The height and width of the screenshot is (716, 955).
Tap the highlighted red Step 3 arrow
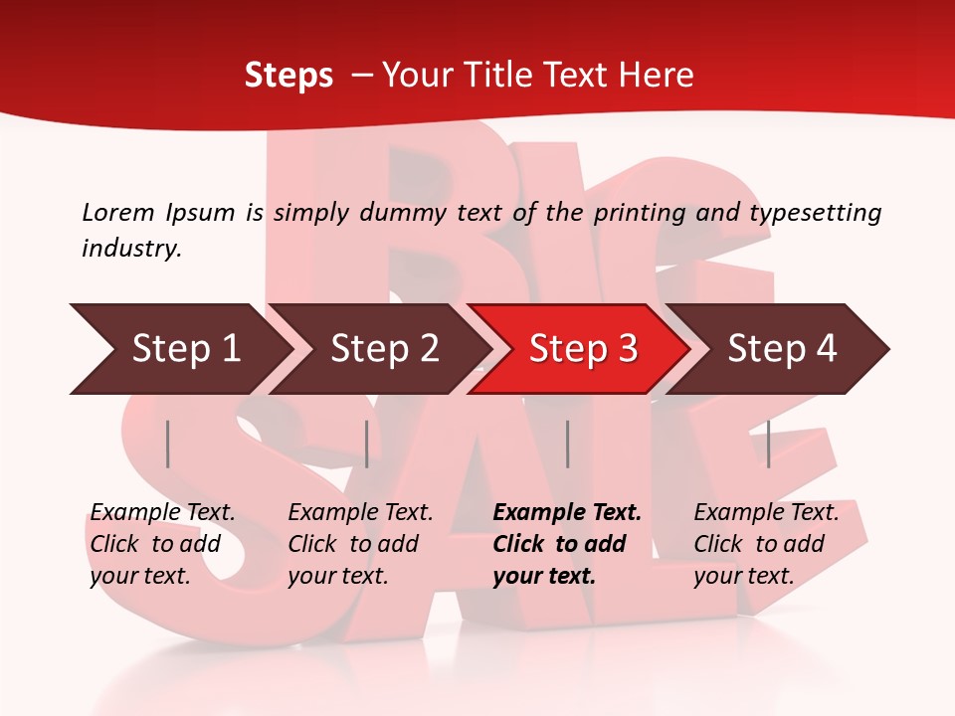coord(583,349)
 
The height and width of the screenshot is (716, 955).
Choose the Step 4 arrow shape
coord(782,349)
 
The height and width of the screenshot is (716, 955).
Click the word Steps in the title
coord(288,76)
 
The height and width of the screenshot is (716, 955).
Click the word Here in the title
coord(655,76)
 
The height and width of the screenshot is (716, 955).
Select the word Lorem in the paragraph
coord(117,212)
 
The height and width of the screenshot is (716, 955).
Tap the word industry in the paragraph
coord(130,249)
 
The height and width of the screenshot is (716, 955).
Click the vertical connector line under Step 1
coord(168,444)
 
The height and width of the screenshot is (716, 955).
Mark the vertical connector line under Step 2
coord(367,444)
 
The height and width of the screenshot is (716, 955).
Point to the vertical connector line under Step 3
coord(567,444)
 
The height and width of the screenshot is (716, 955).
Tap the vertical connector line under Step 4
coord(768,444)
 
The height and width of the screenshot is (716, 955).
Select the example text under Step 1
coord(162,544)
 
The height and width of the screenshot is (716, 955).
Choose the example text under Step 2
coord(360,544)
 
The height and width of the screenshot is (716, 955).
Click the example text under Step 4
coord(766,544)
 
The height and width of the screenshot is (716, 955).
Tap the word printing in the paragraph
coord(640,212)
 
